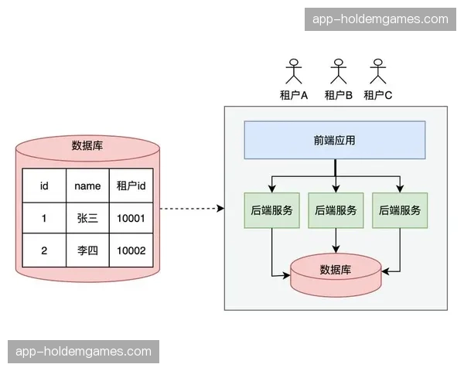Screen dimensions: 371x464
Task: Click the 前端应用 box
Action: click(x=335, y=140)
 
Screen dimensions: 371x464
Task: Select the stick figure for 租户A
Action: click(x=294, y=71)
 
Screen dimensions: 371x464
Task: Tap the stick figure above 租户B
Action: click(x=338, y=71)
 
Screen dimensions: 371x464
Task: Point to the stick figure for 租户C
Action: click(x=378, y=71)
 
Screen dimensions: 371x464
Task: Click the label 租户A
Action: click(x=294, y=95)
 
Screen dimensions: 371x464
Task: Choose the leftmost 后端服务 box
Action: click(x=271, y=209)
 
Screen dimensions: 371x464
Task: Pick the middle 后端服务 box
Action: click(x=335, y=209)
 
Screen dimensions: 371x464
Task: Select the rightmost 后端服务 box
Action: click(x=400, y=209)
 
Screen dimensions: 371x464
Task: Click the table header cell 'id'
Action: click(x=44, y=185)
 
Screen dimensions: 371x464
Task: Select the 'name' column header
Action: click(x=87, y=185)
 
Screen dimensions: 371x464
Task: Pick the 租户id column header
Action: click(x=131, y=185)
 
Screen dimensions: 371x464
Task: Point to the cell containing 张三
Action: click(x=87, y=219)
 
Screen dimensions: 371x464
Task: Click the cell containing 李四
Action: click(x=87, y=251)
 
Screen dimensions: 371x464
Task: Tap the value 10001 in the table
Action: click(x=131, y=219)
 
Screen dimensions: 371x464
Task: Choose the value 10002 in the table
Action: click(x=131, y=251)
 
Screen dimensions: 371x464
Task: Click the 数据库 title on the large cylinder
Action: click(x=87, y=145)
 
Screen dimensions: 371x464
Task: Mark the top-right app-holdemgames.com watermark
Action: click(x=380, y=19)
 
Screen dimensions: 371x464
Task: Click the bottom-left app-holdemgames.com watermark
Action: click(x=84, y=352)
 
